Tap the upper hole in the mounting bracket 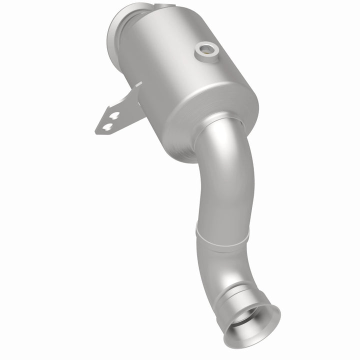[x=114, y=116]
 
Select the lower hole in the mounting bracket [x=106, y=127]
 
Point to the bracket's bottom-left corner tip [x=96, y=132]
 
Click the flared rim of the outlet [x=270, y=320]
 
